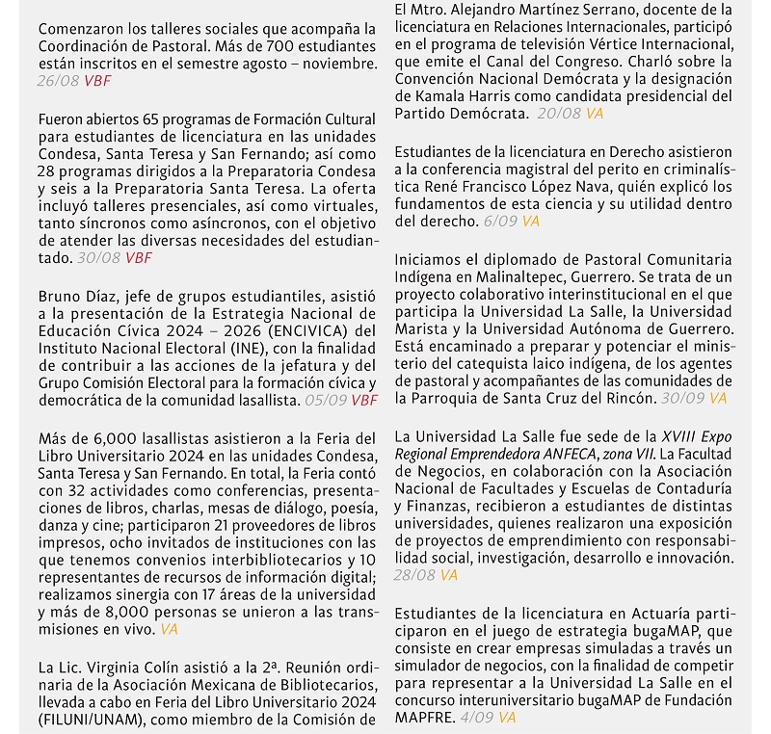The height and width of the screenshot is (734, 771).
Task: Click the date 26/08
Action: pyautogui.click(x=58, y=81)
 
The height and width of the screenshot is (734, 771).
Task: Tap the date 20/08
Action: pyautogui.click(x=559, y=114)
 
